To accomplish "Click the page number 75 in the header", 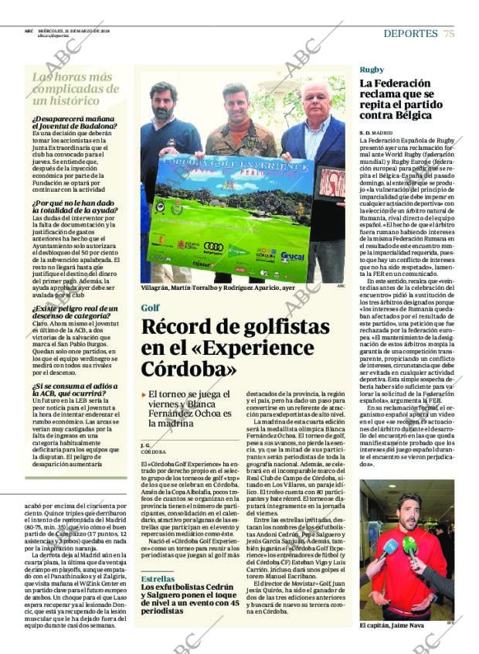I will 449,33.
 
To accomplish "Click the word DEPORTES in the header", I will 410,33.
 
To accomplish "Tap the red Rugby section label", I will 372,70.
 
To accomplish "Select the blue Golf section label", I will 150,308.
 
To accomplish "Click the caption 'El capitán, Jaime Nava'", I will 392,625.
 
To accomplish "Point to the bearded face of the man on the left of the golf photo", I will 164,100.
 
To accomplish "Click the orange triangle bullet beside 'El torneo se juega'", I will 143,393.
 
